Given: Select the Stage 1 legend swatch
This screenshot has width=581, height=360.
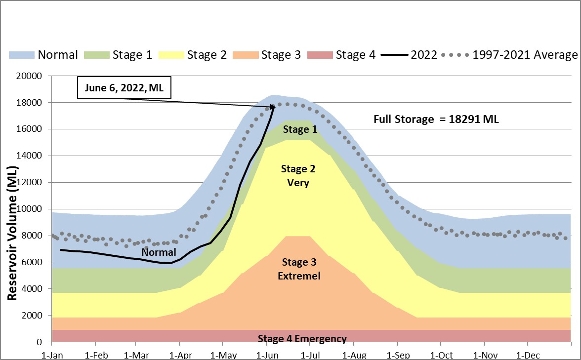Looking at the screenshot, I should click(96, 55).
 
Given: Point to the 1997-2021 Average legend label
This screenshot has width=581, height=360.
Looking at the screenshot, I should click(525, 55).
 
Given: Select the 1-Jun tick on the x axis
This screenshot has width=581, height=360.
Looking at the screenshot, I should click(267, 355).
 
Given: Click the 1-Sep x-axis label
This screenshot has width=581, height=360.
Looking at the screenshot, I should click(398, 355).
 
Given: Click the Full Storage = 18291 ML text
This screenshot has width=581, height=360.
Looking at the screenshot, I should click(436, 119).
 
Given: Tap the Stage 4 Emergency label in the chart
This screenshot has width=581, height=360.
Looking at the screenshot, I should click(302, 339).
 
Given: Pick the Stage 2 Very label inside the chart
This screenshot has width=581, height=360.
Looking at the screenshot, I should click(298, 176).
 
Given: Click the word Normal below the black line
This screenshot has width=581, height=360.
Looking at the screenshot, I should click(159, 252).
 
